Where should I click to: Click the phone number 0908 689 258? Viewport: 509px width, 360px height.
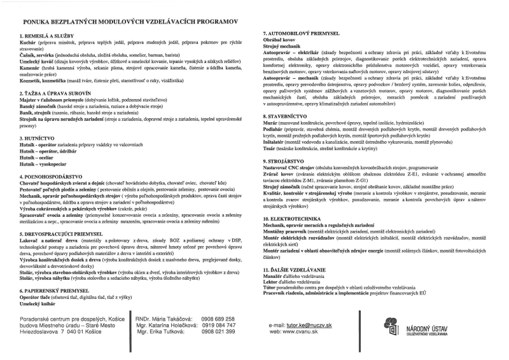coord(218,319)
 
